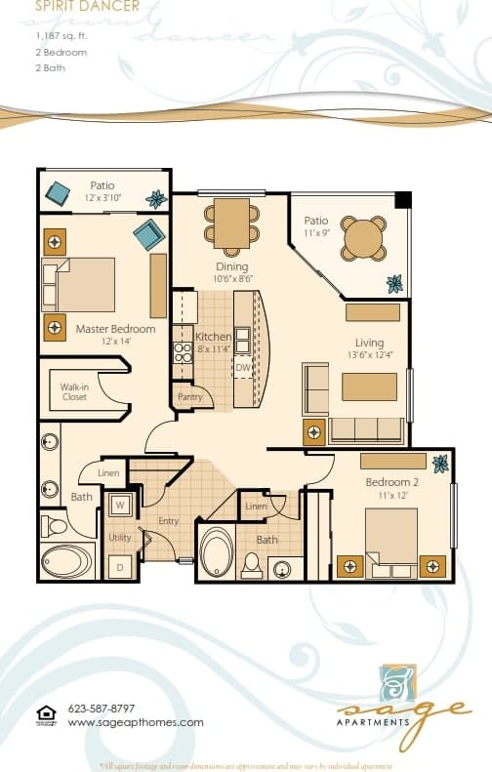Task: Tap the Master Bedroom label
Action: [115, 329]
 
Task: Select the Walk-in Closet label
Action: [74, 392]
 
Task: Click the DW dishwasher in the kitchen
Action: [243, 367]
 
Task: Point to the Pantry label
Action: [189, 397]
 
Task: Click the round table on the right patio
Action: [363, 237]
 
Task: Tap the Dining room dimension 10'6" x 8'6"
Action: [232, 278]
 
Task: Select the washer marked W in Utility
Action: [120, 506]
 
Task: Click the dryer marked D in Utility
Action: [120, 566]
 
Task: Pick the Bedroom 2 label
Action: [391, 482]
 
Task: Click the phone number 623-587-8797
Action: [102, 709]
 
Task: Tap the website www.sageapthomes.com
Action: [136, 722]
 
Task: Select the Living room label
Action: [369, 343]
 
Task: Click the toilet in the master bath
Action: [56, 528]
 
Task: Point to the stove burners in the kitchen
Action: [183, 351]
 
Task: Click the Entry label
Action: [169, 521]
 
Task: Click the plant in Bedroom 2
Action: [440, 464]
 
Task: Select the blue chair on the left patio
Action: [58, 191]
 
